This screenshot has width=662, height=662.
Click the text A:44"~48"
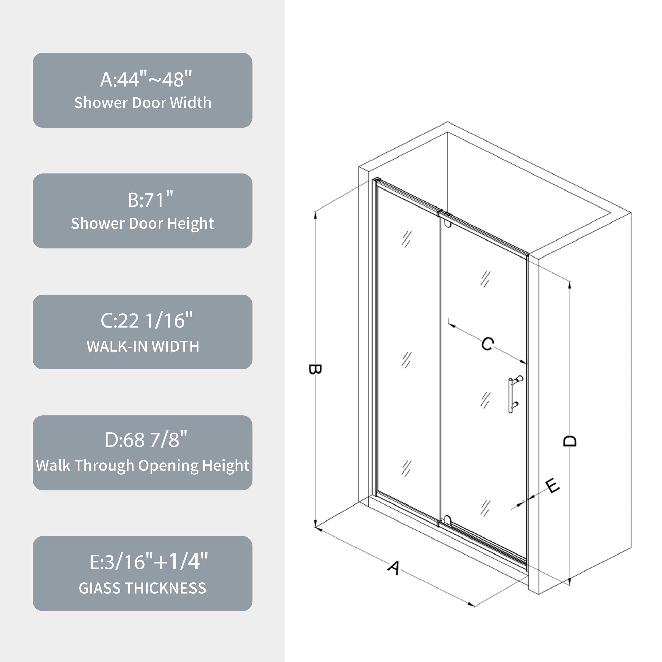coord(146,79)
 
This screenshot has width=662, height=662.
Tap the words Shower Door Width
coord(143,103)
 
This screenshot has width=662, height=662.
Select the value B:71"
coord(150,200)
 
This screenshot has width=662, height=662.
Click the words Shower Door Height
coord(143,224)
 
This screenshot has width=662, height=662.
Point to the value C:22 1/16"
coord(146,321)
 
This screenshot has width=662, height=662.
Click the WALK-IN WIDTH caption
coord(143,346)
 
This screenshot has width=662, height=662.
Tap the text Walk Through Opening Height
coord(143,465)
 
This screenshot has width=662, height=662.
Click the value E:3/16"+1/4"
coord(148,562)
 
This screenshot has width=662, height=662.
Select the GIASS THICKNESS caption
coord(143,588)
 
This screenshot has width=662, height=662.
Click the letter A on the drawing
coord(394,568)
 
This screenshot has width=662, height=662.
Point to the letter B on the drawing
coord(315,369)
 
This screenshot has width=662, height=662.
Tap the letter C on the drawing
coord(487,344)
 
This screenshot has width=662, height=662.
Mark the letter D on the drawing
coord(570,441)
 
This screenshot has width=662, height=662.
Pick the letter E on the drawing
coord(552,486)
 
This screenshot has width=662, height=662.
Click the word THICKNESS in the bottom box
coord(166,588)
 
